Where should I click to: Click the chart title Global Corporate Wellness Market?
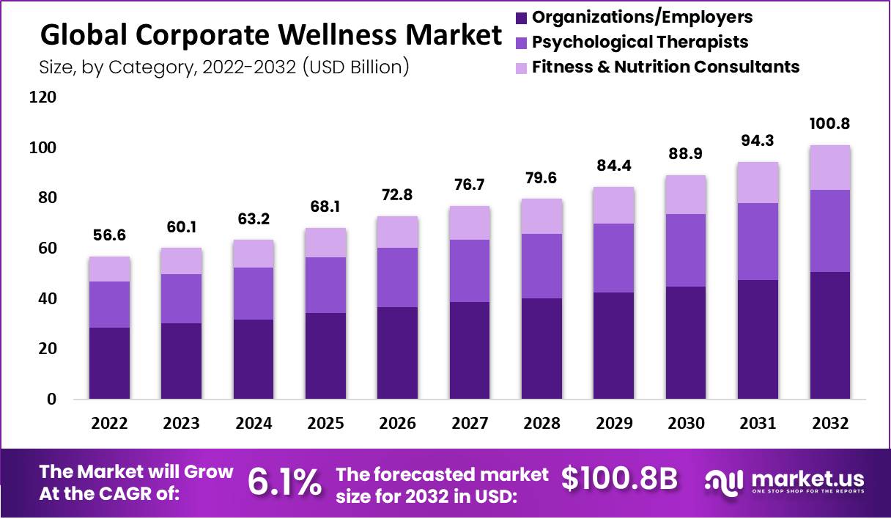coord(271,35)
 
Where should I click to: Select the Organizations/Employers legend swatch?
coord(521,17)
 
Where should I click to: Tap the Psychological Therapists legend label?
coord(640,42)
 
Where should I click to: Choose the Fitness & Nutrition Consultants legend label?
coord(665,67)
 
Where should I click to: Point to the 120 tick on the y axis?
coord(42,97)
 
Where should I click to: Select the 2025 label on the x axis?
coord(325,424)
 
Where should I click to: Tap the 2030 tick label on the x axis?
coord(687,424)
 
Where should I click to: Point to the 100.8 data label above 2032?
coord(830,123)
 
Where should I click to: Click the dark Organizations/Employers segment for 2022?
coord(109,363)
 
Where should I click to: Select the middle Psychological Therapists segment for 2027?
coord(470,270)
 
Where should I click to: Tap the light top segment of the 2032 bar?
coord(830,167)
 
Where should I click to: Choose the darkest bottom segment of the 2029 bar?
coord(614,346)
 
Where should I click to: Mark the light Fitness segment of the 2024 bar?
coord(254,254)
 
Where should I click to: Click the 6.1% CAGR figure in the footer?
coord(284,482)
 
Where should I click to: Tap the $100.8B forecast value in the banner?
coord(619,478)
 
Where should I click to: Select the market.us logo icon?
coord(725,481)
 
